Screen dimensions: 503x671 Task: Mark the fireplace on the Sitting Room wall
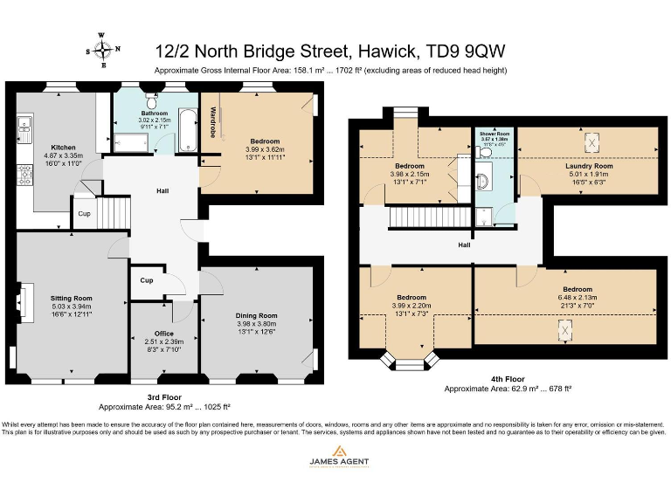(20, 300)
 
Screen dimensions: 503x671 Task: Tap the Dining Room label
(256, 315)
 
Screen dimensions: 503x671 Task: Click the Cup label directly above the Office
(146, 280)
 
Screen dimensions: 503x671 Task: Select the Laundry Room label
(589, 165)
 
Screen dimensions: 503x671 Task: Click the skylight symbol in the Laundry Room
(590, 140)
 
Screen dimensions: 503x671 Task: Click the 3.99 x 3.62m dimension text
(265, 149)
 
